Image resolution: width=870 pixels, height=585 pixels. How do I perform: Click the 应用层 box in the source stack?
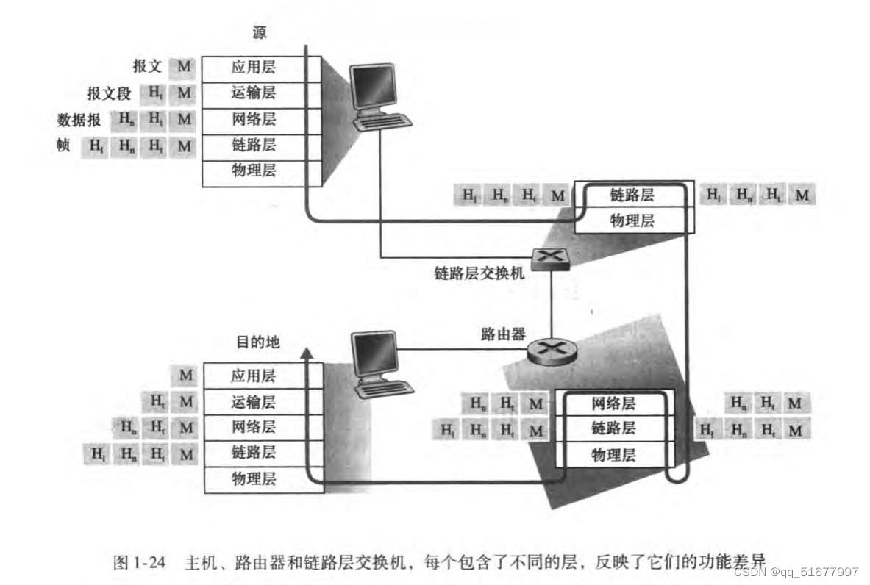click(x=253, y=69)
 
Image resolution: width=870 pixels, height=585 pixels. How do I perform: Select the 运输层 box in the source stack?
click(x=253, y=94)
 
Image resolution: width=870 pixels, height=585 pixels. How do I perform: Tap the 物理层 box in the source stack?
click(x=253, y=171)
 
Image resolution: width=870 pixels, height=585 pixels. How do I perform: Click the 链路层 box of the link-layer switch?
click(x=632, y=195)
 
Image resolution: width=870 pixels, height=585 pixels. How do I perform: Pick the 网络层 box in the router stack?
click(x=613, y=403)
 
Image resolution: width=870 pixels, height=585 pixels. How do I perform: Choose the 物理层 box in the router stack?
click(x=613, y=455)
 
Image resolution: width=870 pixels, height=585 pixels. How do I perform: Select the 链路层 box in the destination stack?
click(x=253, y=453)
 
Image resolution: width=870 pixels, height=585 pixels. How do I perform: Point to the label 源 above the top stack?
click(x=259, y=33)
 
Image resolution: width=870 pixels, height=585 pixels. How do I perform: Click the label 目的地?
click(x=257, y=342)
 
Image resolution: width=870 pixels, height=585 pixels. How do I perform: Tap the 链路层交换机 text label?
click(x=479, y=273)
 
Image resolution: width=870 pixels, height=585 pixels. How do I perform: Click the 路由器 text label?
click(x=503, y=334)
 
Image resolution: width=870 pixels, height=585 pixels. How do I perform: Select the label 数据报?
click(x=79, y=120)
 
